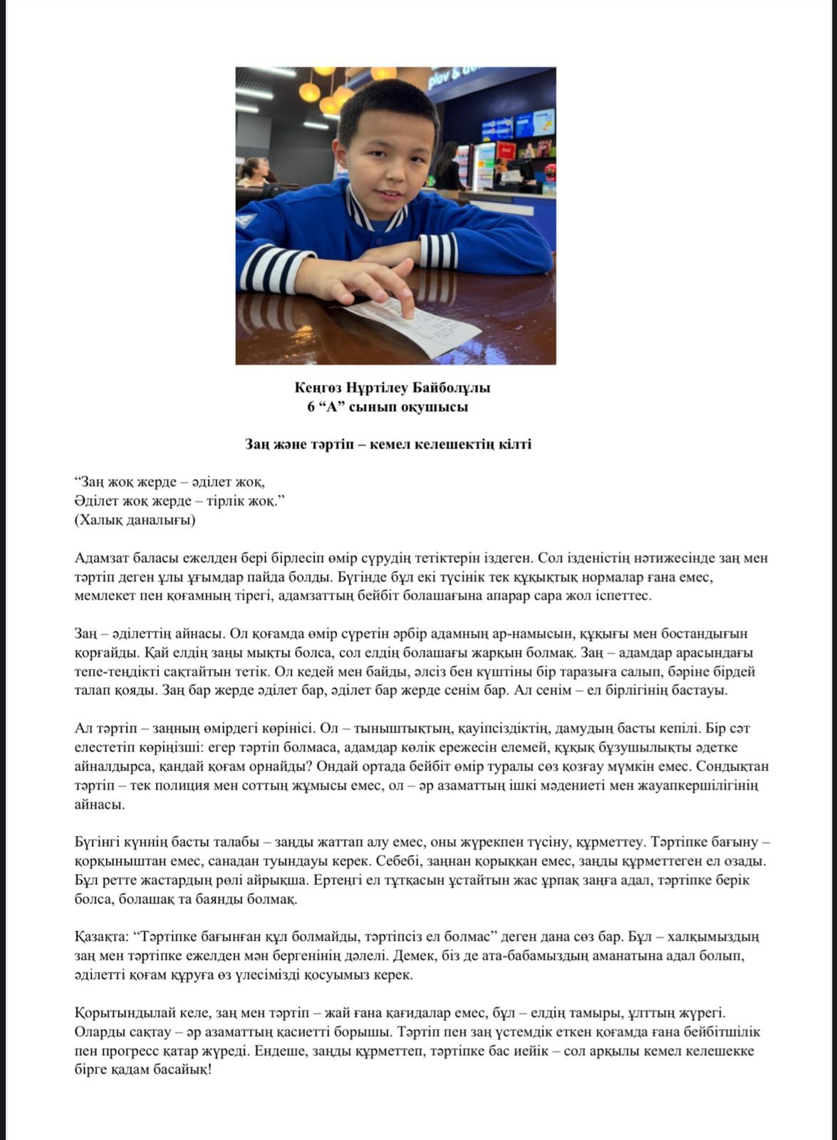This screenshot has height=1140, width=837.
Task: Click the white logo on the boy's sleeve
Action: tap(247, 221)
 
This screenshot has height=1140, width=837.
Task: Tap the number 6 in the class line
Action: tap(311, 407)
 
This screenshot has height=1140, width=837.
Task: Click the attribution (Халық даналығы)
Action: tap(135, 520)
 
